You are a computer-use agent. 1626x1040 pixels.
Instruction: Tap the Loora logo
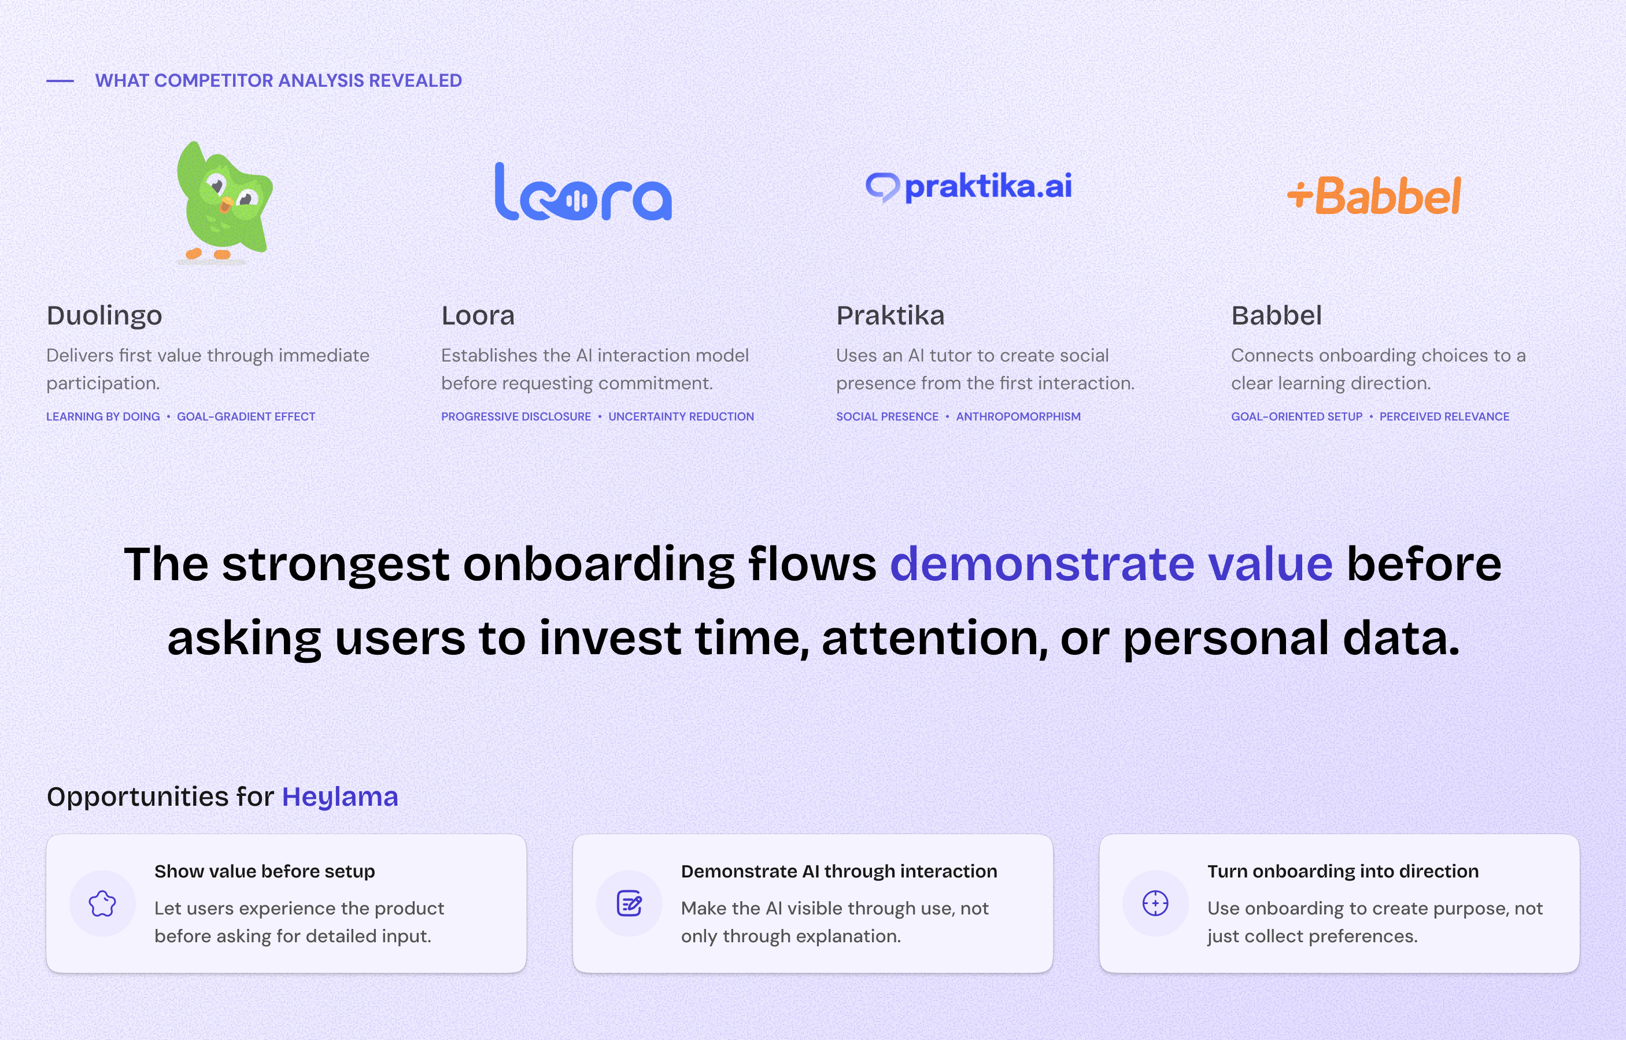click(583, 192)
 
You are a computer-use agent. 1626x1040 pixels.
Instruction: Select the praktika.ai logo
click(969, 187)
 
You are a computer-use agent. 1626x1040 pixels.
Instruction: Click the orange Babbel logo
click(1374, 196)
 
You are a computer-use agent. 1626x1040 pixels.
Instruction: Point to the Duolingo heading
click(105, 315)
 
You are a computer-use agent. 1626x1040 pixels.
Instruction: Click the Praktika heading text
click(890, 315)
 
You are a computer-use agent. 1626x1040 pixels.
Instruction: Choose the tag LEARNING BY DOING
click(104, 416)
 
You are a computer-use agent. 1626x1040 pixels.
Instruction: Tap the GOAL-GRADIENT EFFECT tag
click(246, 416)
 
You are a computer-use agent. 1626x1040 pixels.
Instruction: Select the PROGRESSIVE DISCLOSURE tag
click(516, 416)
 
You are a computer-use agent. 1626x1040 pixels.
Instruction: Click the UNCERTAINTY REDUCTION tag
click(681, 416)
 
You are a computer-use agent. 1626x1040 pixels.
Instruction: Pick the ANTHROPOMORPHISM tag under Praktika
click(1018, 416)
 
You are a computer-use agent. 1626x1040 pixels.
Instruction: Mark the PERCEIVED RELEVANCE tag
click(1444, 416)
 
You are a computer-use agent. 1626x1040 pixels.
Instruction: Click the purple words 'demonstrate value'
click(1111, 564)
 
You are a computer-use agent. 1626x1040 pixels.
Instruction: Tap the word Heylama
click(339, 797)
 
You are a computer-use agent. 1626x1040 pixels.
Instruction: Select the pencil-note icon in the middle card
click(629, 903)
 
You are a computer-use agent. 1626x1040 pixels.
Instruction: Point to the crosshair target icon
click(1155, 903)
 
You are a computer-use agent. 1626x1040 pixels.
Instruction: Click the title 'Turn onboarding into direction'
click(1343, 872)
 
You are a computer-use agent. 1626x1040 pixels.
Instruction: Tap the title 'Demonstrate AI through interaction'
click(838, 872)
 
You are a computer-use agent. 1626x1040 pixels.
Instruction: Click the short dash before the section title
click(60, 81)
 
